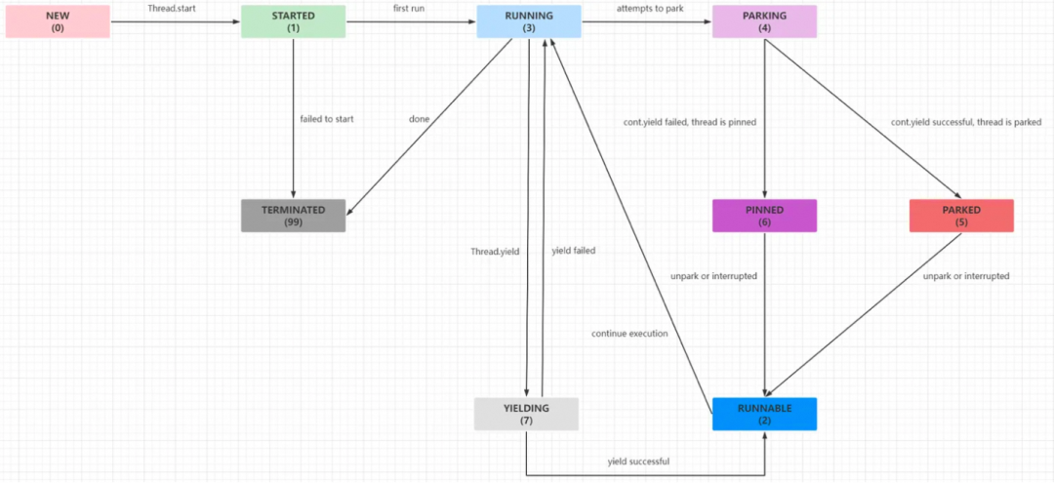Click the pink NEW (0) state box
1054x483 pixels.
[58, 21]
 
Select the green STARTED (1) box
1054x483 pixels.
[294, 21]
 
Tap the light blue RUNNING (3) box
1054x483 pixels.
[529, 21]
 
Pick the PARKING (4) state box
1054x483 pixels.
[765, 21]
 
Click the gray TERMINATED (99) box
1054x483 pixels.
[294, 216]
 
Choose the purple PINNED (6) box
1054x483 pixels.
[765, 216]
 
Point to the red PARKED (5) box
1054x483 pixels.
[961, 216]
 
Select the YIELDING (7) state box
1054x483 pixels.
[526, 414]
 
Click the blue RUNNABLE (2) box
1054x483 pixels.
[765, 414]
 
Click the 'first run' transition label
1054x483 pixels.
[402, 9]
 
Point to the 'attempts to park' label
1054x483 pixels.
[650, 9]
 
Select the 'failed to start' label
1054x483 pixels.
[327, 119]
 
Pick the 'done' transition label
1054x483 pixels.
[420, 119]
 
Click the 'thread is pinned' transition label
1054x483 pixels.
[690, 122]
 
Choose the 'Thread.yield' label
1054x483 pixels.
[495, 251]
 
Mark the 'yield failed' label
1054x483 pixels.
[574, 251]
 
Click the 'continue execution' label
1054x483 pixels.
[629, 334]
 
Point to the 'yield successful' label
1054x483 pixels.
[638, 462]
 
